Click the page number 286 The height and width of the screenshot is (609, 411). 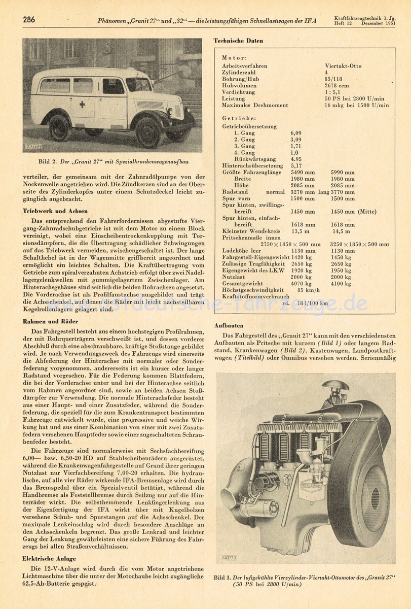[x=28, y=20]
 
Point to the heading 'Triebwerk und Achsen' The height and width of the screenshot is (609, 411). [x=55, y=211]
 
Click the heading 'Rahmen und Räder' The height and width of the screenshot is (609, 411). [x=51, y=321]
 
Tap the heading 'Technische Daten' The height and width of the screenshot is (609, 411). [x=238, y=41]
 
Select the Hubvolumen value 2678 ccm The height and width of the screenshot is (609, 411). [x=337, y=86]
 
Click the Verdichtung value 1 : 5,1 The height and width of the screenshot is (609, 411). [x=333, y=92]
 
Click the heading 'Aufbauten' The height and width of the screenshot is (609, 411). [x=229, y=325]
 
